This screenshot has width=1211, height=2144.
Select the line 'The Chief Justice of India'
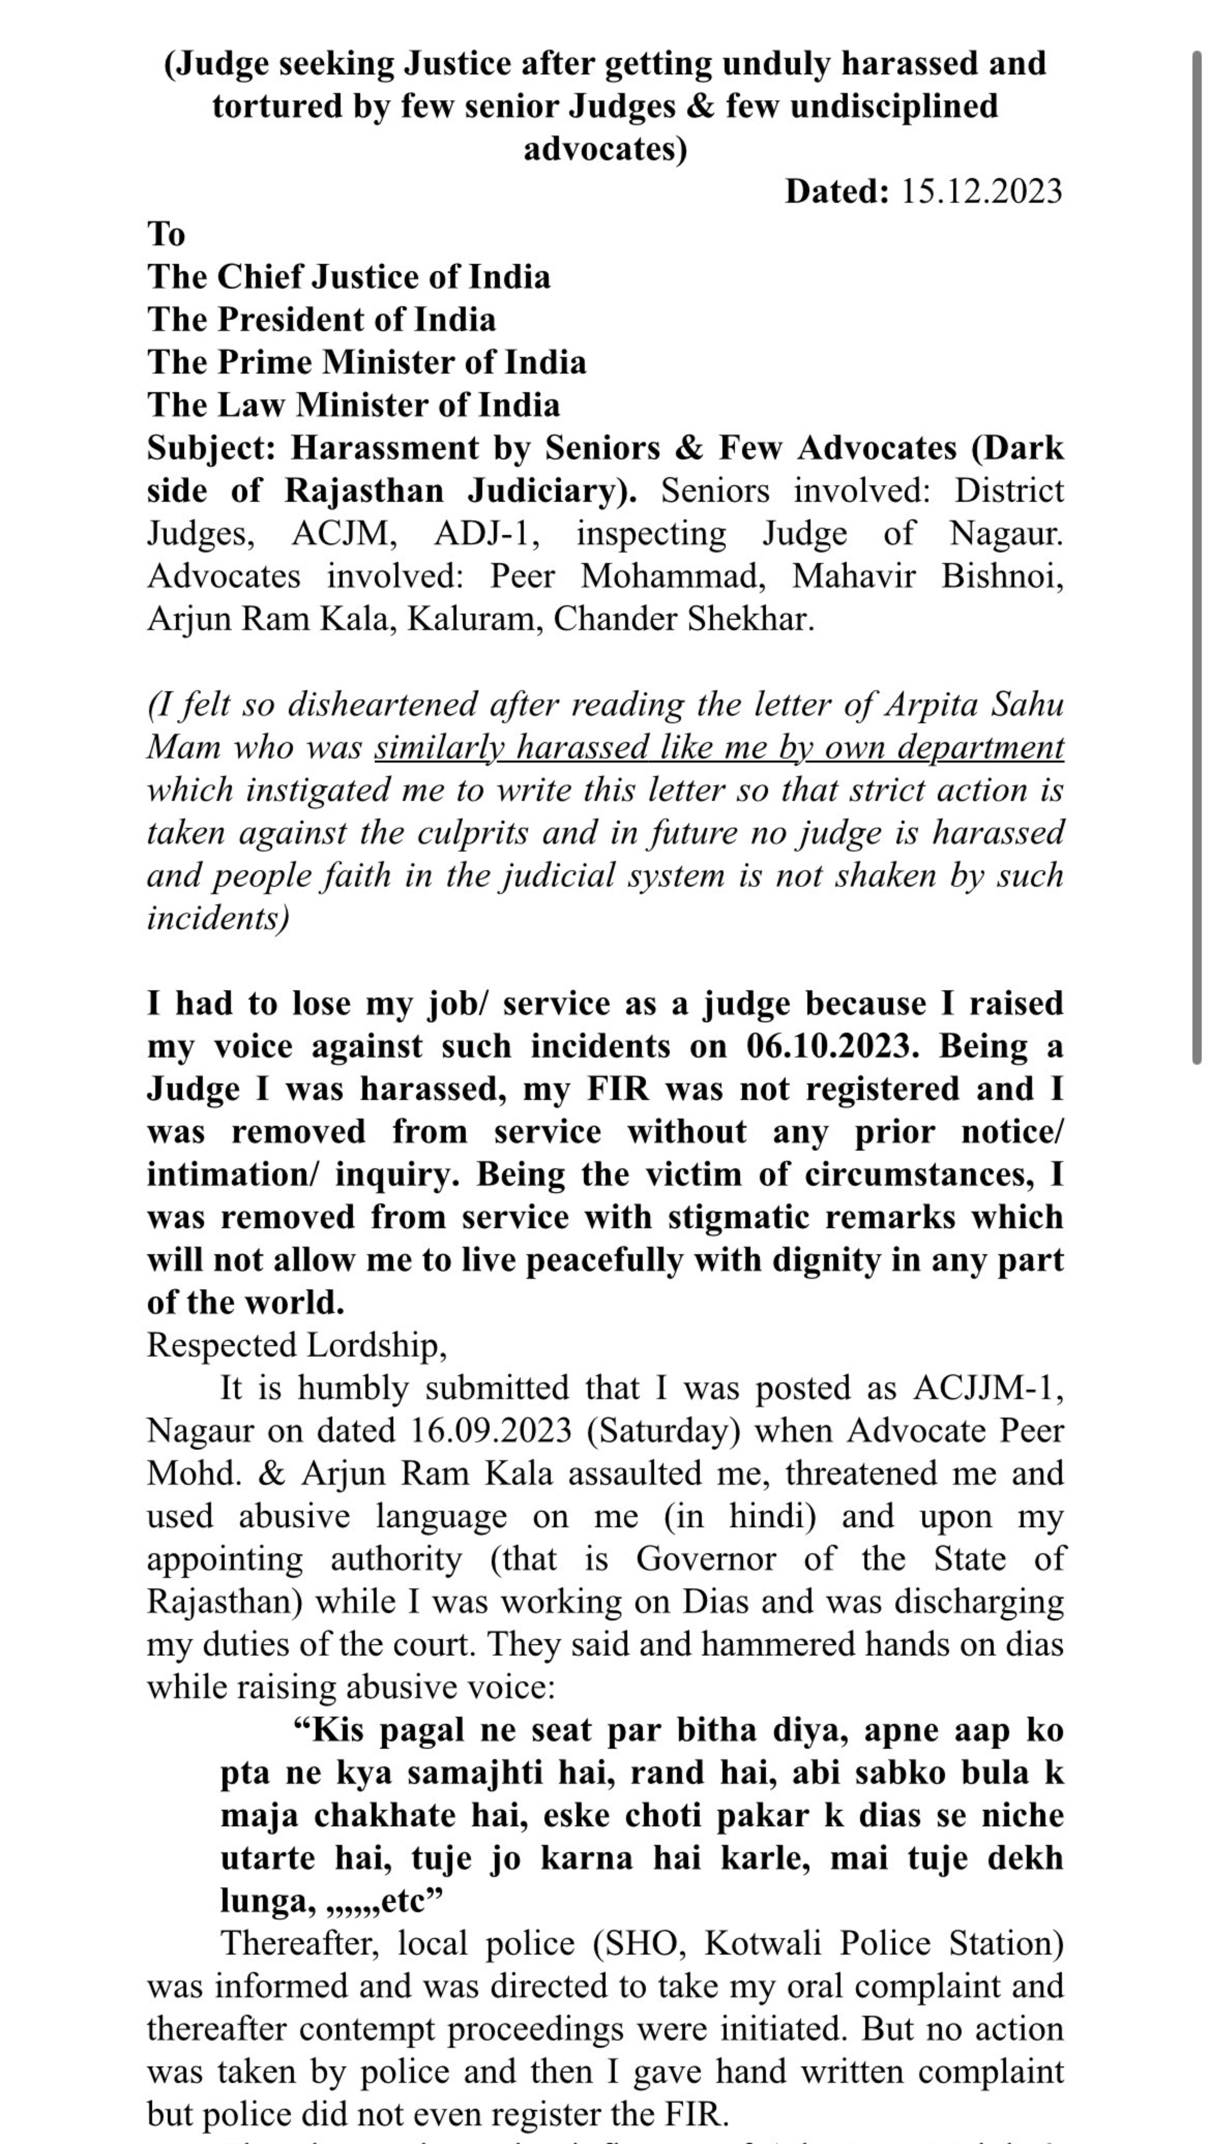click(349, 277)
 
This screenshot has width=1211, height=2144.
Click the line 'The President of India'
click(321, 320)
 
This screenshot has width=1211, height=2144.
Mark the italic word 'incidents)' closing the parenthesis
click(218, 918)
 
